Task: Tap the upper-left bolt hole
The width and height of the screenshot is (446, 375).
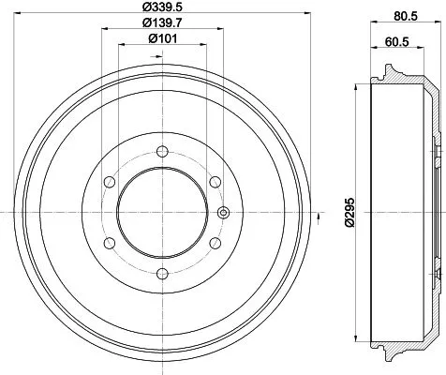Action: coord(109,180)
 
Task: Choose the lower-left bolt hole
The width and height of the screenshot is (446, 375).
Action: coord(109,242)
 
